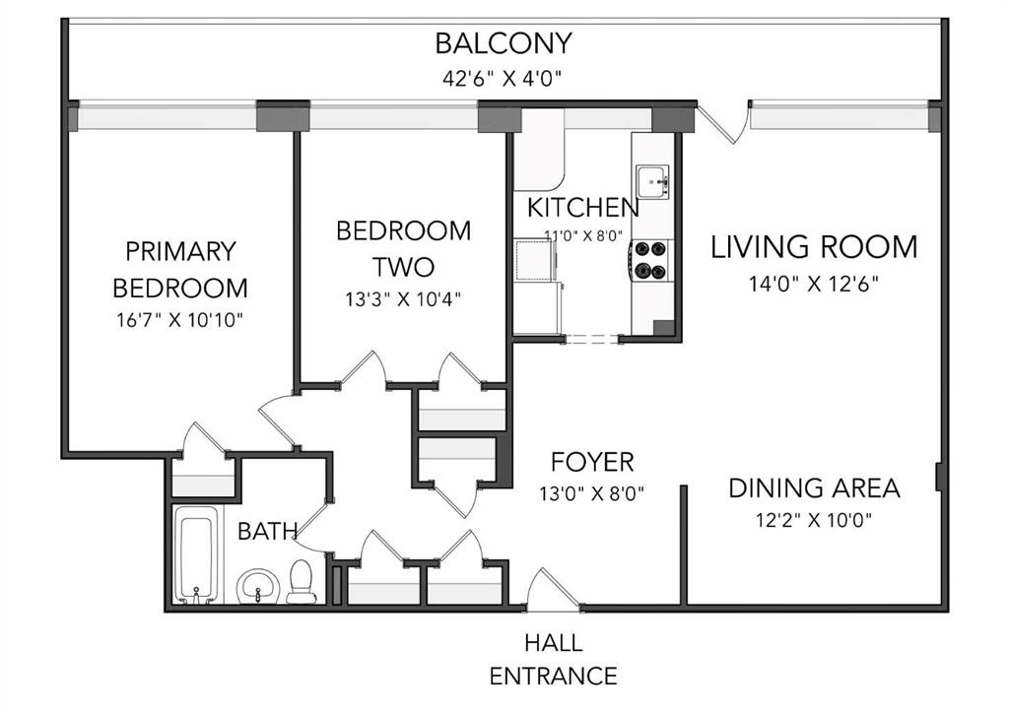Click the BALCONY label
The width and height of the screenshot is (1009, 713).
coord(504,43)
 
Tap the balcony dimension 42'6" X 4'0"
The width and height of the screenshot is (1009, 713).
coord(503,79)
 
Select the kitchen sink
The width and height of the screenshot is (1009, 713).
coord(652,182)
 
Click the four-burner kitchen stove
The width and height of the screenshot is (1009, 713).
coord(650,260)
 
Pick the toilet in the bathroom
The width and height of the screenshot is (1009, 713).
coord(301,582)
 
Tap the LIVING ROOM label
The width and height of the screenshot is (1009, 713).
coord(813,247)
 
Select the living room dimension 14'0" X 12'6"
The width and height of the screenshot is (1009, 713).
coord(813,284)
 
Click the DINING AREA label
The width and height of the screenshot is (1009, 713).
coord(814,488)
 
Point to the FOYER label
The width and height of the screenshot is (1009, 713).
coord(592,462)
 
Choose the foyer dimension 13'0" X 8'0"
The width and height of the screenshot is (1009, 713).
coord(592,493)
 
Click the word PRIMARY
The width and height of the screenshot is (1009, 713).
coord(181,251)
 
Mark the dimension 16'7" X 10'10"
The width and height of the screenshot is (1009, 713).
coord(180,319)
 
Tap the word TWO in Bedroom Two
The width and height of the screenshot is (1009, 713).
coord(403,267)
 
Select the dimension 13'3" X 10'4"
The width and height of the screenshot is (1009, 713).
coord(403,299)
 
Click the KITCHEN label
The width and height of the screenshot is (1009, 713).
coord(583,208)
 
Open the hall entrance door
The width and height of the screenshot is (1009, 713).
coord(554,590)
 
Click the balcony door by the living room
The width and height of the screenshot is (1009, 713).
coord(724,122)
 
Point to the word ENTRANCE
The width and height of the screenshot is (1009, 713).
coord(554,677)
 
